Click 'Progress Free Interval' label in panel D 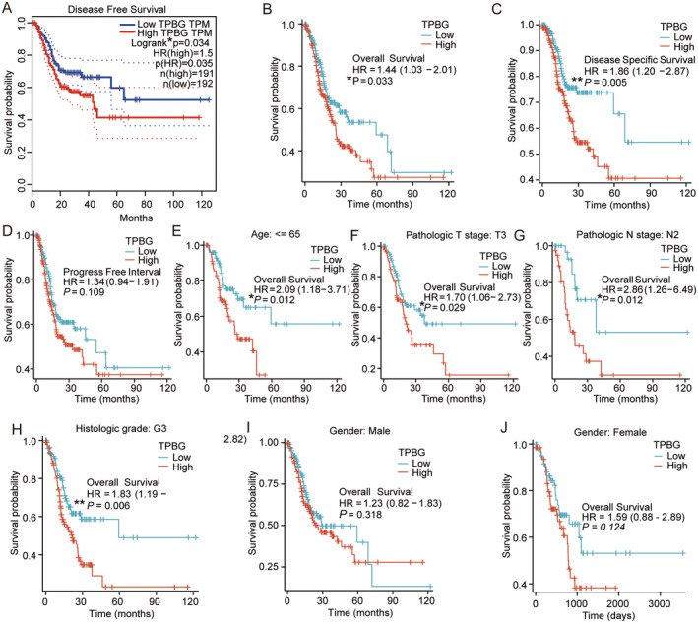pyautogui.click(x=91, y=269)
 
